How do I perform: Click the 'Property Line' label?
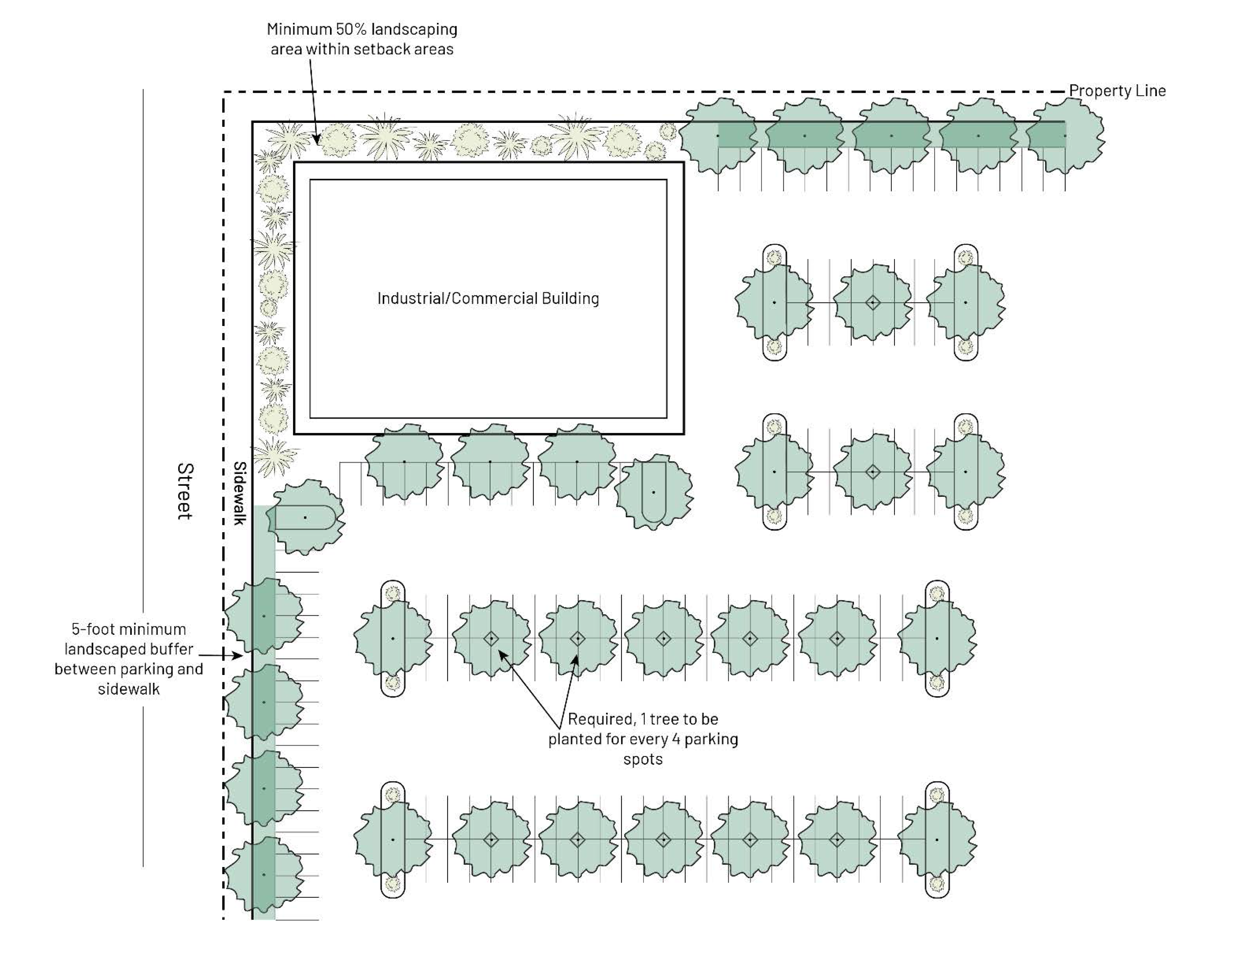(1117, 91)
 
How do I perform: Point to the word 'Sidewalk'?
(239, 493)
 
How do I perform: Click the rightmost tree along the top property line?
(1065, 136)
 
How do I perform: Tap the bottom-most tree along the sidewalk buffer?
(264, 875)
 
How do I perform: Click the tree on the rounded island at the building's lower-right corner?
(653, 492)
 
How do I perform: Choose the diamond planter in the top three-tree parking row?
(872, 302)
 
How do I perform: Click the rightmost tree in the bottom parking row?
(936, 840)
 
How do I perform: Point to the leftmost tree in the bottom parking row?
(393, 840)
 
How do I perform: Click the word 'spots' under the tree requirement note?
(642, 759)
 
